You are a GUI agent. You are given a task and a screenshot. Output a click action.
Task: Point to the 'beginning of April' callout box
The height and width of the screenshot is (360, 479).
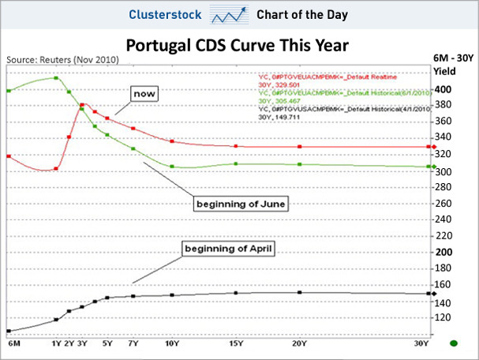[x=228, y=250]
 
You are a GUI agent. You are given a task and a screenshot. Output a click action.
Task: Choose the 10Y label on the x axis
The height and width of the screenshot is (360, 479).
[x=171, y=343]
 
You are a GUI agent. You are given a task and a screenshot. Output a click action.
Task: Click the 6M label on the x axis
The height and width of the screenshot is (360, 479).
[x=13, y=343]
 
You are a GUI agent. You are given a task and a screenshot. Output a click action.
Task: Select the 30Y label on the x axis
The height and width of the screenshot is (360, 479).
[x=422, y=343]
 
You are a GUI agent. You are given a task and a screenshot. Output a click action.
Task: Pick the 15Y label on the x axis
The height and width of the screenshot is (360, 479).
[x=236, y=343]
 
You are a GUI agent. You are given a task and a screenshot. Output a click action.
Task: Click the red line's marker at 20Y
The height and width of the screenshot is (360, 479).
[x=300, y=147]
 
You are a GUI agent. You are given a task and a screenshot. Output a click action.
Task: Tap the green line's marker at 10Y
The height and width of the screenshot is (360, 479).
[x=172, y=166]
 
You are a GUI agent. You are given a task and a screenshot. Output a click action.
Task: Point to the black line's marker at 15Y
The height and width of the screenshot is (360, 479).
[x=236, y=294]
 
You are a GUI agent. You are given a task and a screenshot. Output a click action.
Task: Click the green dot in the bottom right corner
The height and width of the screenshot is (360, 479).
[x=454, y=343]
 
